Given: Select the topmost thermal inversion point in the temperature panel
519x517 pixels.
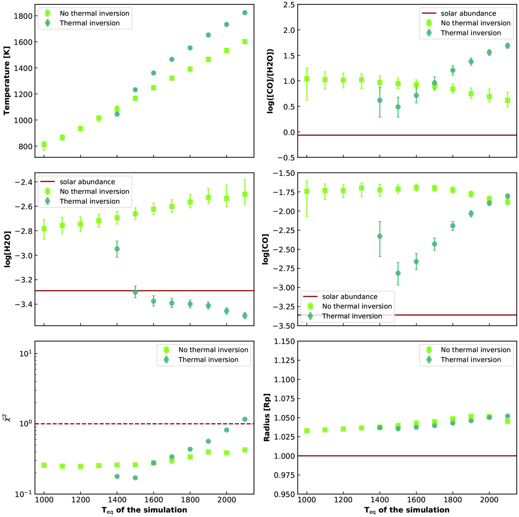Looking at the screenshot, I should point(245,13).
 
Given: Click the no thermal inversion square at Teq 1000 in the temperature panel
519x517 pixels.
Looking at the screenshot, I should point(44,144).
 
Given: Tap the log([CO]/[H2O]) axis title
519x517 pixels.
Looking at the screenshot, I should point(270,81).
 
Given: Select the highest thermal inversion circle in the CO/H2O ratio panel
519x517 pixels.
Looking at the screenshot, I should point(508,45).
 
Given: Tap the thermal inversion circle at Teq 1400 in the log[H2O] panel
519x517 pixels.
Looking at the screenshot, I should point(117,249).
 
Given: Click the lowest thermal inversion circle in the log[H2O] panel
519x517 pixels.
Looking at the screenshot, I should point(245,316).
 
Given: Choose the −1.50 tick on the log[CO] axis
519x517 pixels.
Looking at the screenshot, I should point(284,173).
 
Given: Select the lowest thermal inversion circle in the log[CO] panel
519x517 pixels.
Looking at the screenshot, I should point(398,273).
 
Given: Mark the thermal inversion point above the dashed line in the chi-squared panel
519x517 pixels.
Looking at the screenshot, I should point(245,419).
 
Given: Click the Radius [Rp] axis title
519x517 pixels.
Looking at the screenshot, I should point(267,418).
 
